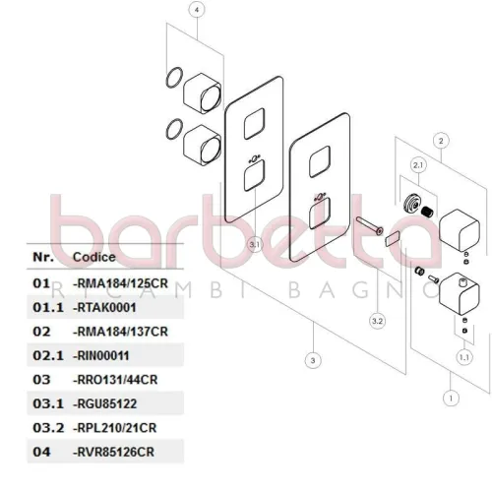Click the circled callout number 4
tap(197, 10)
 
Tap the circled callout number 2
tap(441, 141)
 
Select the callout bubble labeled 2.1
tap(418, 165)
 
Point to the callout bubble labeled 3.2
tap(378, 321)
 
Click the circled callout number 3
tap(313, 360)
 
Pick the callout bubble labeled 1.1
tap(464, 357)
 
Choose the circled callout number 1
tap(451, 399)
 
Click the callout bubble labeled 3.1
tap(255, 244)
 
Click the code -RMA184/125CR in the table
tap(120, 283)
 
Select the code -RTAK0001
tap(104, 308)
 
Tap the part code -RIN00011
tap(101, 356)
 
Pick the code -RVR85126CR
tap(113, 452)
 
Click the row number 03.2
tap(48, 428)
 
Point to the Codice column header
tap(94, 257)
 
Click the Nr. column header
tap(43, 257)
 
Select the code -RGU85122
tap(104, 403)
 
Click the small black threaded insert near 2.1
tap(427, 212)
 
